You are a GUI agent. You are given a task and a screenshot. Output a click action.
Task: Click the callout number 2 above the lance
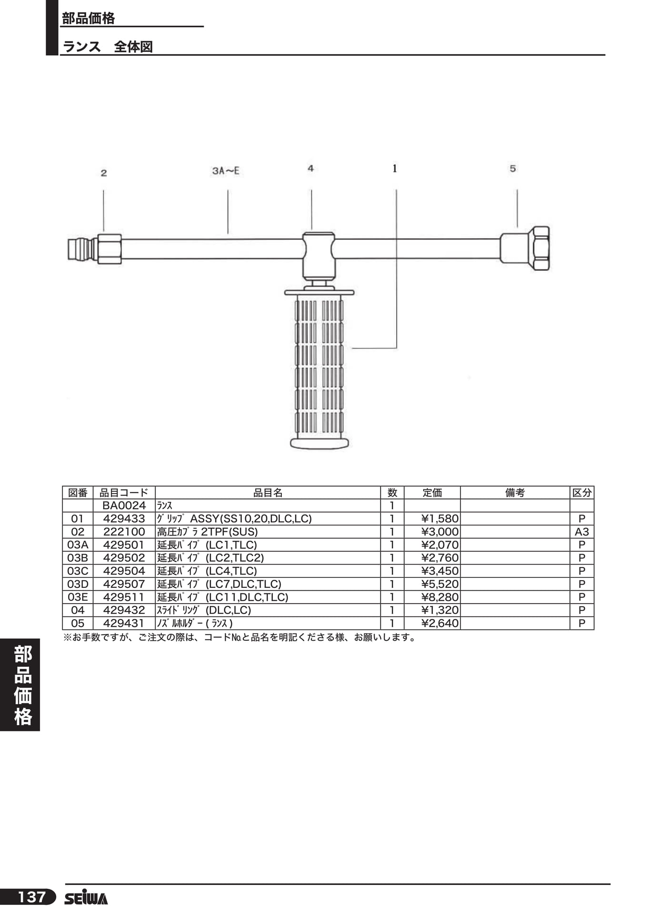[x=104, y=173]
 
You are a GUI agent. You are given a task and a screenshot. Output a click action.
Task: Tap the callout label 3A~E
[x=226, y=170]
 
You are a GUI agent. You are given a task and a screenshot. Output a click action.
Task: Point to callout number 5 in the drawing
[x=513, y=169]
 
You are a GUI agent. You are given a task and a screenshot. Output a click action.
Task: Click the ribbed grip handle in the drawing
[x=319, y=369]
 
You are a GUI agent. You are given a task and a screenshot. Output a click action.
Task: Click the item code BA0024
[x=124, y=506]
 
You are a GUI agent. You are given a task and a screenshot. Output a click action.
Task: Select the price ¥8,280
[x=440, y=597]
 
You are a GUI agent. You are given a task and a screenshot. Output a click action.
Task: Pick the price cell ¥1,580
[x=440, y=518]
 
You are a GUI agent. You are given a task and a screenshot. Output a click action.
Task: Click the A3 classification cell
[x=582, y=532]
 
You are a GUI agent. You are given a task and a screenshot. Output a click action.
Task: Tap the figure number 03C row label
[x=78, y=571]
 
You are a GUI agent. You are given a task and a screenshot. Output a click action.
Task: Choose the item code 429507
[x=124, y=584]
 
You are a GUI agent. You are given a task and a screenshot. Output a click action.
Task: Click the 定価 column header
[x=432, y=493]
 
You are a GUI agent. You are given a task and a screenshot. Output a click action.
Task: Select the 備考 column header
[x=515, y=493]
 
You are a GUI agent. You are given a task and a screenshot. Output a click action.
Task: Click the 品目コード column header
[x=124, y=493]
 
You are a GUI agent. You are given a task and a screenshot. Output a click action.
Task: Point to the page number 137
[x=31, y=897]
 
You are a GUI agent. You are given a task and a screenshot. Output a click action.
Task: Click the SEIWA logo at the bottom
[x=86, y=898]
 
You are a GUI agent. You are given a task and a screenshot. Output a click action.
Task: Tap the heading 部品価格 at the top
[x=89, y=19]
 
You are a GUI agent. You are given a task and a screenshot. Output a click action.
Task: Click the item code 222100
[x=124, y=532]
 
